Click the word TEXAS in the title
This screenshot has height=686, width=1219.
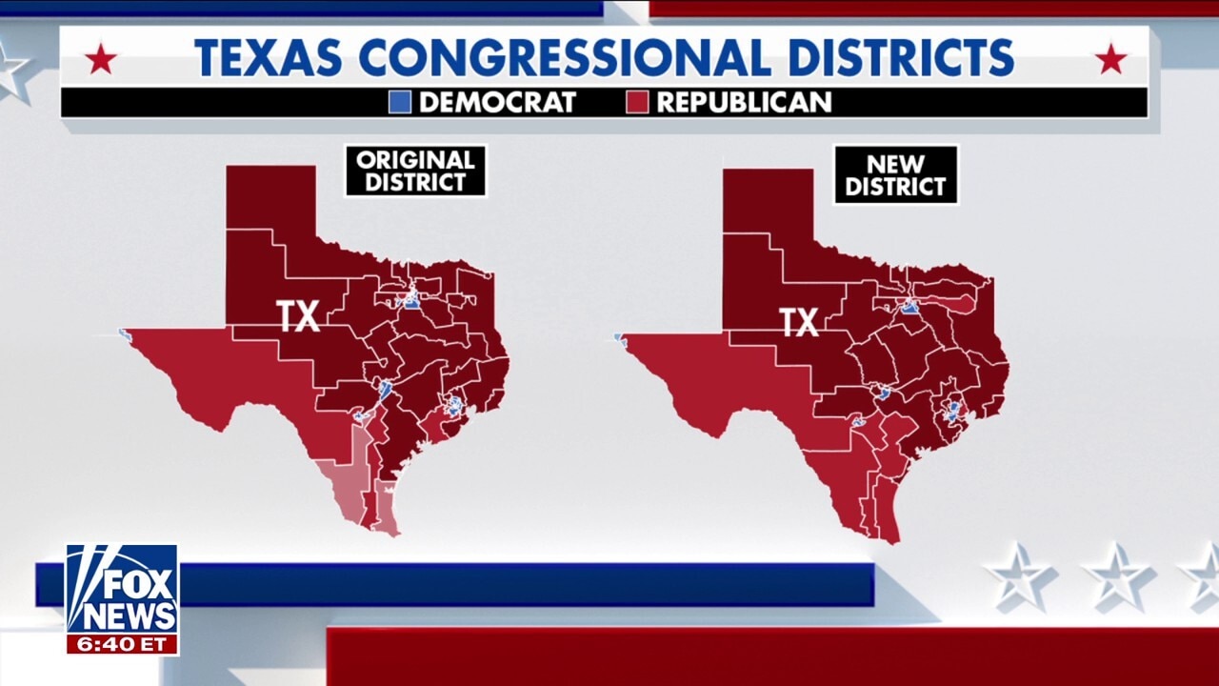click(x=269, y=58)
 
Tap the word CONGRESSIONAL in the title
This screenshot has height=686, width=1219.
click(x=565, y=58)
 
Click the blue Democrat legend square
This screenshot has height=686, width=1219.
click(x=400, y=102)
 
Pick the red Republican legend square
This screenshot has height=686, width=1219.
click(x=637, y=102)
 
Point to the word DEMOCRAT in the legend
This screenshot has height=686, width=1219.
click(x=497, y=102)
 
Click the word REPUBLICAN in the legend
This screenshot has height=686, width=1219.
click(x=744, y=102)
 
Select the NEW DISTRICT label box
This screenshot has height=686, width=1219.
click(x=895, y=174)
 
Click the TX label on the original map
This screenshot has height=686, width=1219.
click(x=298, y=316)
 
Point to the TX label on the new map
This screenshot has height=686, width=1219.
click(x=799, y=322)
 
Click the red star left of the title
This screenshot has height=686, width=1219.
click(x=100, y=60)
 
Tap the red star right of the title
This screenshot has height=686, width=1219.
click(x=1110, y=60)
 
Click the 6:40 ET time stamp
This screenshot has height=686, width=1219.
click(x=122, y=644)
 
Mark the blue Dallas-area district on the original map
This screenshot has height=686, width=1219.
click(x=411, y=302)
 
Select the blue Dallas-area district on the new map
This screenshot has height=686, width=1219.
click(x=909, y=308)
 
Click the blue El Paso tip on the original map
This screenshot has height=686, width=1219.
click(x=123, y=333)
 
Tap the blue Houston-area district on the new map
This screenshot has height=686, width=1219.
click(x=952, y=412)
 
